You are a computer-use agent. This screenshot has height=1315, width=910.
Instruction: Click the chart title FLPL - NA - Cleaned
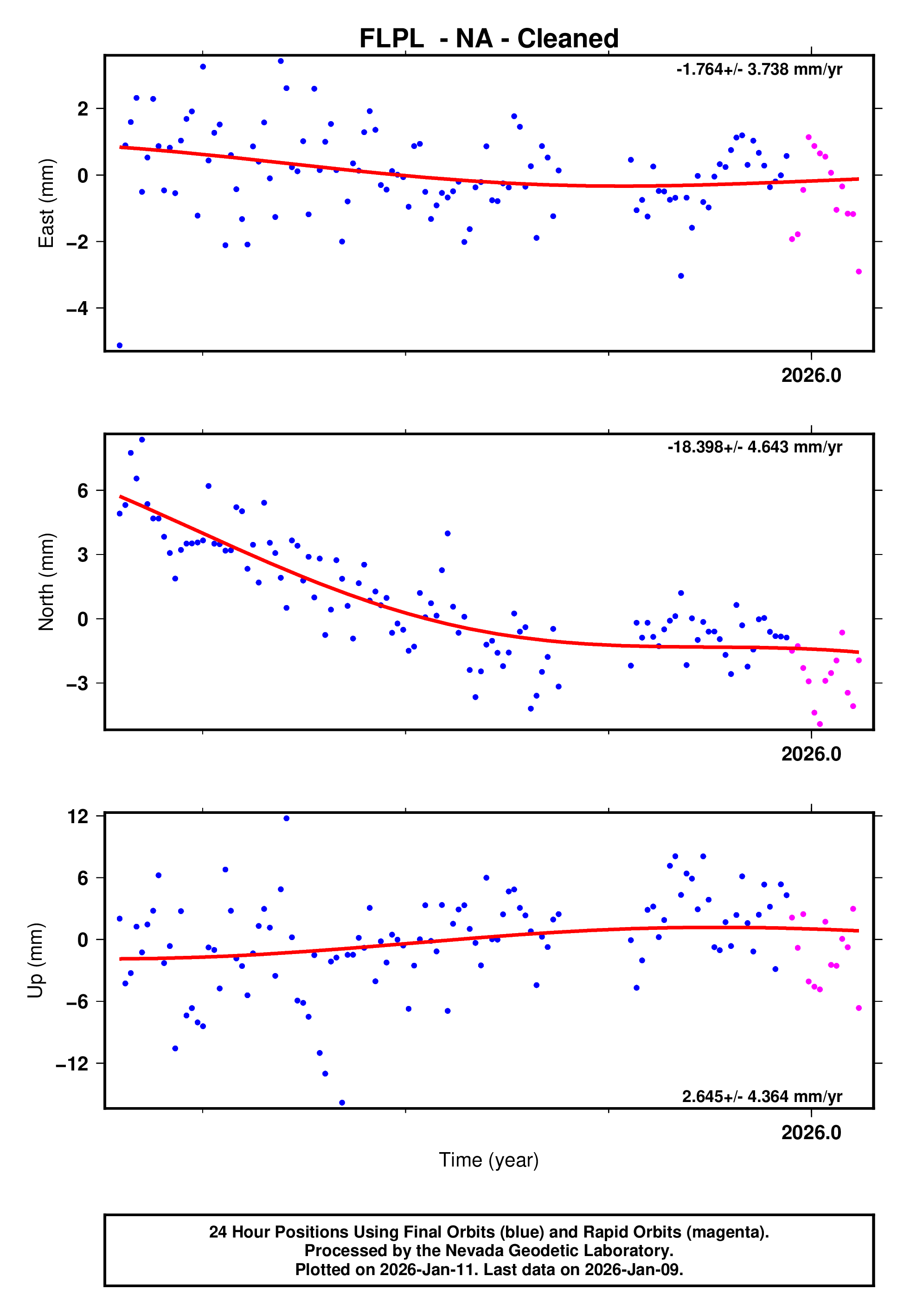point(489,39)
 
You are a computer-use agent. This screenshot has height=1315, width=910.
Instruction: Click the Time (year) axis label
point(489,1160)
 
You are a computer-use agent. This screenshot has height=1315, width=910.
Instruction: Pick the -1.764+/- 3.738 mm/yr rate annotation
point(759,70)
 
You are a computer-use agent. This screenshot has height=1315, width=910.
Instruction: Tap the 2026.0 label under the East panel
point(811,376)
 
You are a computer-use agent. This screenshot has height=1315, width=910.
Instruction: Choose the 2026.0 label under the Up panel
point(811,1133)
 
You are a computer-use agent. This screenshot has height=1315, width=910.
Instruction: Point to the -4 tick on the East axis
point(77,309)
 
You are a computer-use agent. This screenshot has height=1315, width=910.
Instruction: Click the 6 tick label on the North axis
point(83,490)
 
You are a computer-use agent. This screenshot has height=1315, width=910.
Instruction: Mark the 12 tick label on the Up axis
point(78,817)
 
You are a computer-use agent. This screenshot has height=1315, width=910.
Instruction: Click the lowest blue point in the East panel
point(119,346)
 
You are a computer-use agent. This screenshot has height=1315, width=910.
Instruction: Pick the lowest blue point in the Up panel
point(342,1103)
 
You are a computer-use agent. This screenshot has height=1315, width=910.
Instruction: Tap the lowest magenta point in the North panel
point(820,724)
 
